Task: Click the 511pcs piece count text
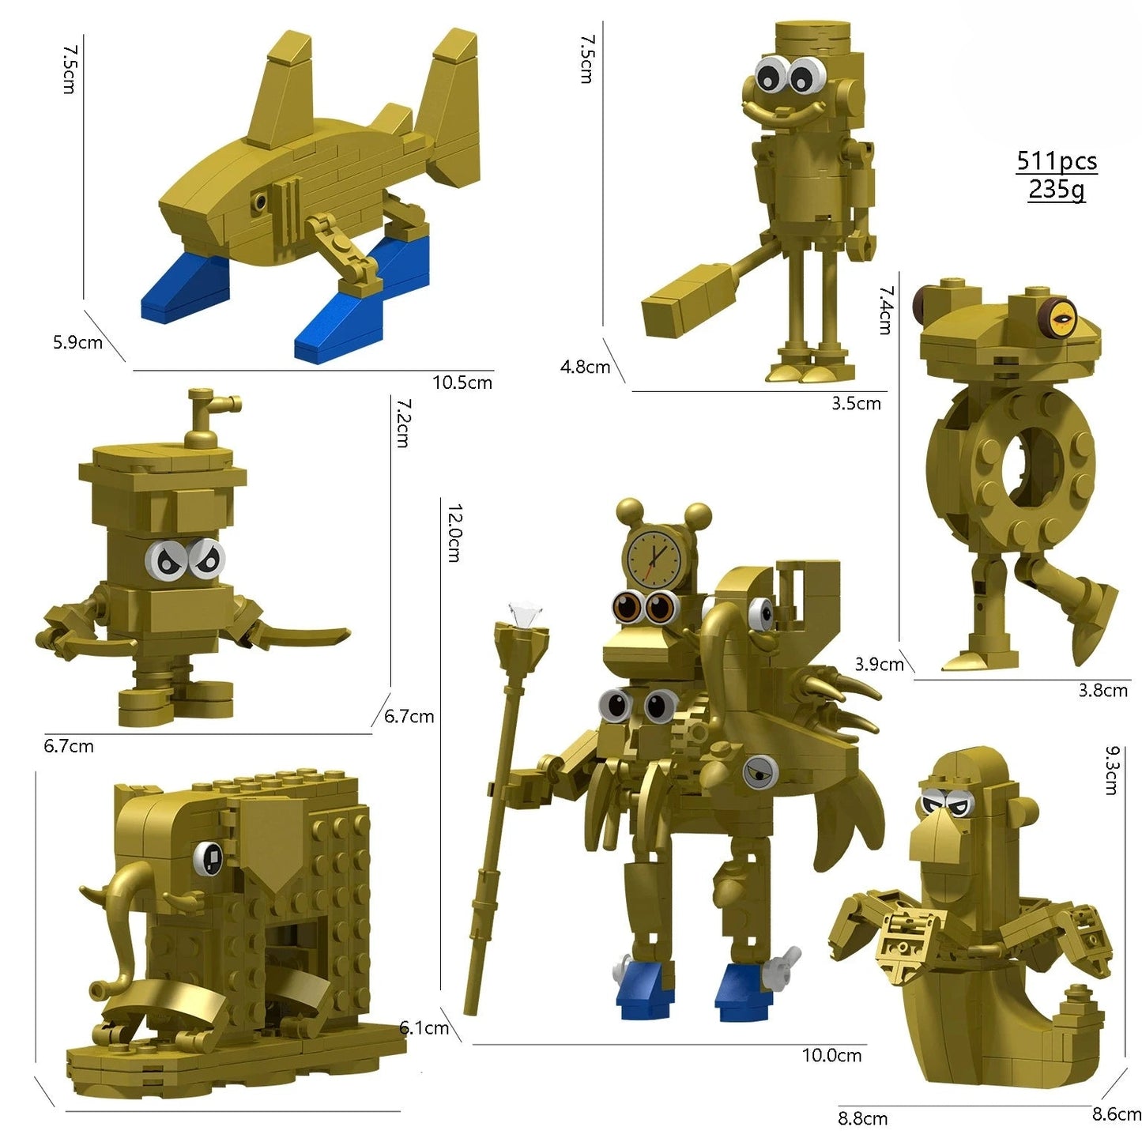(1056, 161)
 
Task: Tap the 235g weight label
(1056, 190)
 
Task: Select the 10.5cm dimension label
(462, 383)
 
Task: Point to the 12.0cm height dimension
(454, 533)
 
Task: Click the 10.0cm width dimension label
(831, 1055)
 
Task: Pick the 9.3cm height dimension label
(1110, 770)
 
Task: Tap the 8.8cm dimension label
(862, 1118)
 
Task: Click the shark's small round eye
(259, 203)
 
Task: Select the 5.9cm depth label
(77, 342)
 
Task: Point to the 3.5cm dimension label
(855, 403)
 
